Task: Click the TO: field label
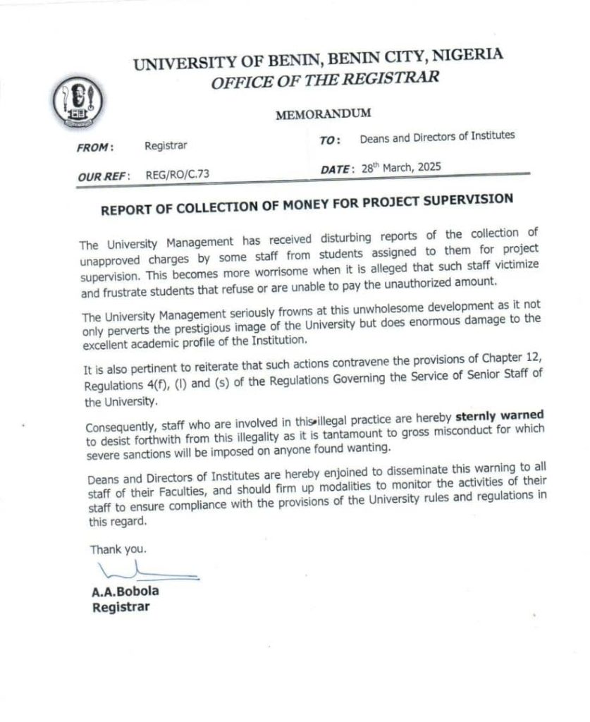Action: tap(330, 140)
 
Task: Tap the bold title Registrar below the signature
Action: tap(121, 608)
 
